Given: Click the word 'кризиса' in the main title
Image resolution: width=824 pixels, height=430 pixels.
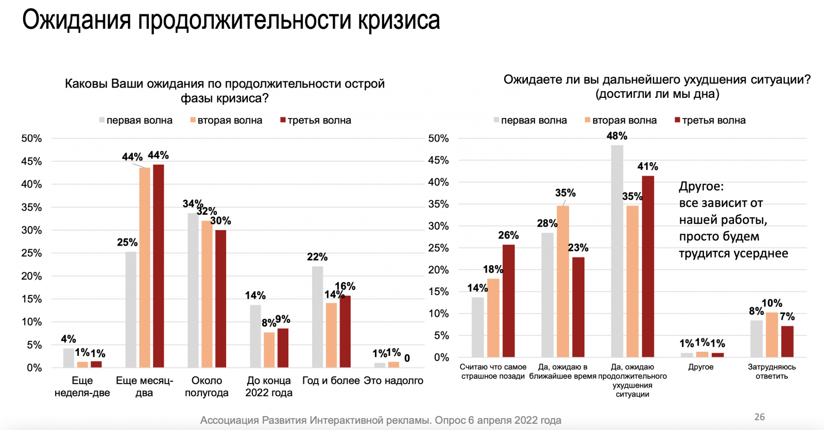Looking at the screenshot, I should (399, 21).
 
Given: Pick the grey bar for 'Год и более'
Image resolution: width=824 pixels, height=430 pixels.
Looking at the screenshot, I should (317, 317).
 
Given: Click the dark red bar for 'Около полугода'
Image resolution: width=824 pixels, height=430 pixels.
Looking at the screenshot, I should (220, 299).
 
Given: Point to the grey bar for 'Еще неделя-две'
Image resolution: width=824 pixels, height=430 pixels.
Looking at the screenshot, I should (68, 358).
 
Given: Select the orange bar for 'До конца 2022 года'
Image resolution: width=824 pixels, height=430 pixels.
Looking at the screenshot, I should (269, 350).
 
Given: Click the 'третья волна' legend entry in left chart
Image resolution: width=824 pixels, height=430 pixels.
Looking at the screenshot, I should (316, 121).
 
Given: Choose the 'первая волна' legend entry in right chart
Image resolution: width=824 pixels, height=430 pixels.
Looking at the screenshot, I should (530, 121).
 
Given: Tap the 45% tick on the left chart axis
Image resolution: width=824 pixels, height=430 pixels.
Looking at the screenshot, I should (31, 162).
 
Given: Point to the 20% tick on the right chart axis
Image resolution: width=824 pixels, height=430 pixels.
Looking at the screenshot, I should (438, 270).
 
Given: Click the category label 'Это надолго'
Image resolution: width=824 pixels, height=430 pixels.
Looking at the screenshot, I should (393, 381).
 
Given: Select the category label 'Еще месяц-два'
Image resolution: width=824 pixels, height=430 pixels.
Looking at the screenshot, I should (144, 387).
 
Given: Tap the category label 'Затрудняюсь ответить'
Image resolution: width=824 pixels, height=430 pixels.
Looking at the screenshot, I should (771, 371).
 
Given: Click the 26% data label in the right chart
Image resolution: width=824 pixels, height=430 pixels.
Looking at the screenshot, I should (508, 235).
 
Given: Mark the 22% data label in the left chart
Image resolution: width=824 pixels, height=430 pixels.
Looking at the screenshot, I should (317, 257).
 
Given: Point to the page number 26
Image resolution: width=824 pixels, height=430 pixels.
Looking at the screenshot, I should (760, 417).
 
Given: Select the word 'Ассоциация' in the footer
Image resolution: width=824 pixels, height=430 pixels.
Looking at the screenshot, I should (229, 420).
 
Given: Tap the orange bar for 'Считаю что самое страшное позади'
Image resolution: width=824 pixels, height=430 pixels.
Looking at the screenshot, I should (493, 318).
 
